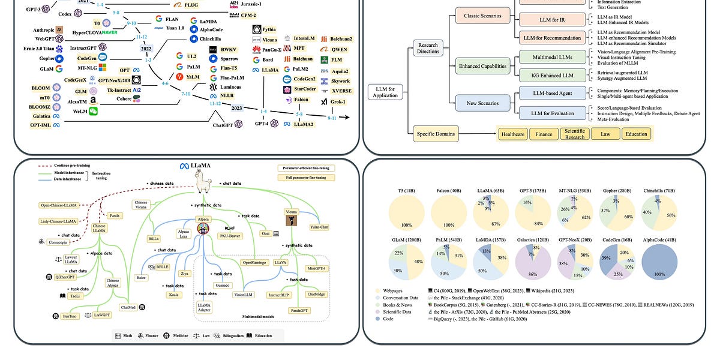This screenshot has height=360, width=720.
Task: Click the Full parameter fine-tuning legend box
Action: [x=306, y=178]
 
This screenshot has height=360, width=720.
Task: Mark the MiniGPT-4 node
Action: [x=320, y=268]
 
